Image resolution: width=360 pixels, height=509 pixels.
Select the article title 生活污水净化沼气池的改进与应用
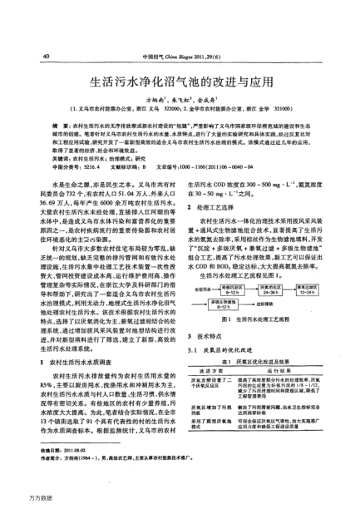pos(180,83)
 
